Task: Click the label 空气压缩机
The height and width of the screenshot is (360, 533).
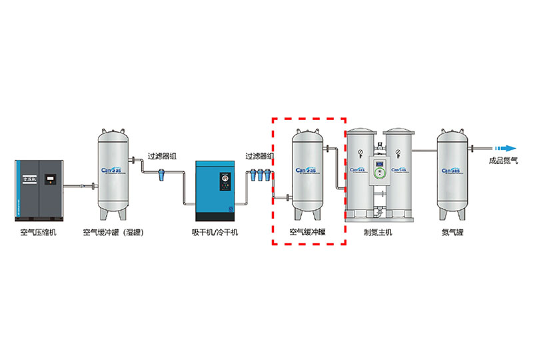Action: [x=39, y=233]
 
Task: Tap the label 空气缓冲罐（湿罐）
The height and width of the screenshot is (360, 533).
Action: [x=114, y=233]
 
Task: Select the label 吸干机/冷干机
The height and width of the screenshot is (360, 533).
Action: [x=215, y=233]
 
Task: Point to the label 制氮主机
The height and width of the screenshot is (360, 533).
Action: [x=378, y=233]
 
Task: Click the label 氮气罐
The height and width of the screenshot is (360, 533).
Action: [x=452, y=233]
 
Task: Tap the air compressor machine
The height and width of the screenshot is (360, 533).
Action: [x=39, y=189]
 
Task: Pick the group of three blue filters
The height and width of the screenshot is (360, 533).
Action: [x=259, y=177]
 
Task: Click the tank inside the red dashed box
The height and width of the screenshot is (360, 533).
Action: [x=308, y=172]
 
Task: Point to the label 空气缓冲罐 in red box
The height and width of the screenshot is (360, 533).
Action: [x=307, y=233]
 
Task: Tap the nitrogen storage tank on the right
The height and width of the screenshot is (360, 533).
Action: [x=452, y=172]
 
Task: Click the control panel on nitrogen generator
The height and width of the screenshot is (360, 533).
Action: [x=378, y=170]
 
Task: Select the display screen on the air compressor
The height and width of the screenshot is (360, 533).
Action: [x=50, y=179]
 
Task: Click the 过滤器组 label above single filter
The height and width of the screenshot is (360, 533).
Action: [x=162, y=157]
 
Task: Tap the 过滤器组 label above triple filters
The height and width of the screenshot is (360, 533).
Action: [x=259, y=157]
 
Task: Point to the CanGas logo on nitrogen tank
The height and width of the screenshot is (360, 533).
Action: [x=452, y=170]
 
